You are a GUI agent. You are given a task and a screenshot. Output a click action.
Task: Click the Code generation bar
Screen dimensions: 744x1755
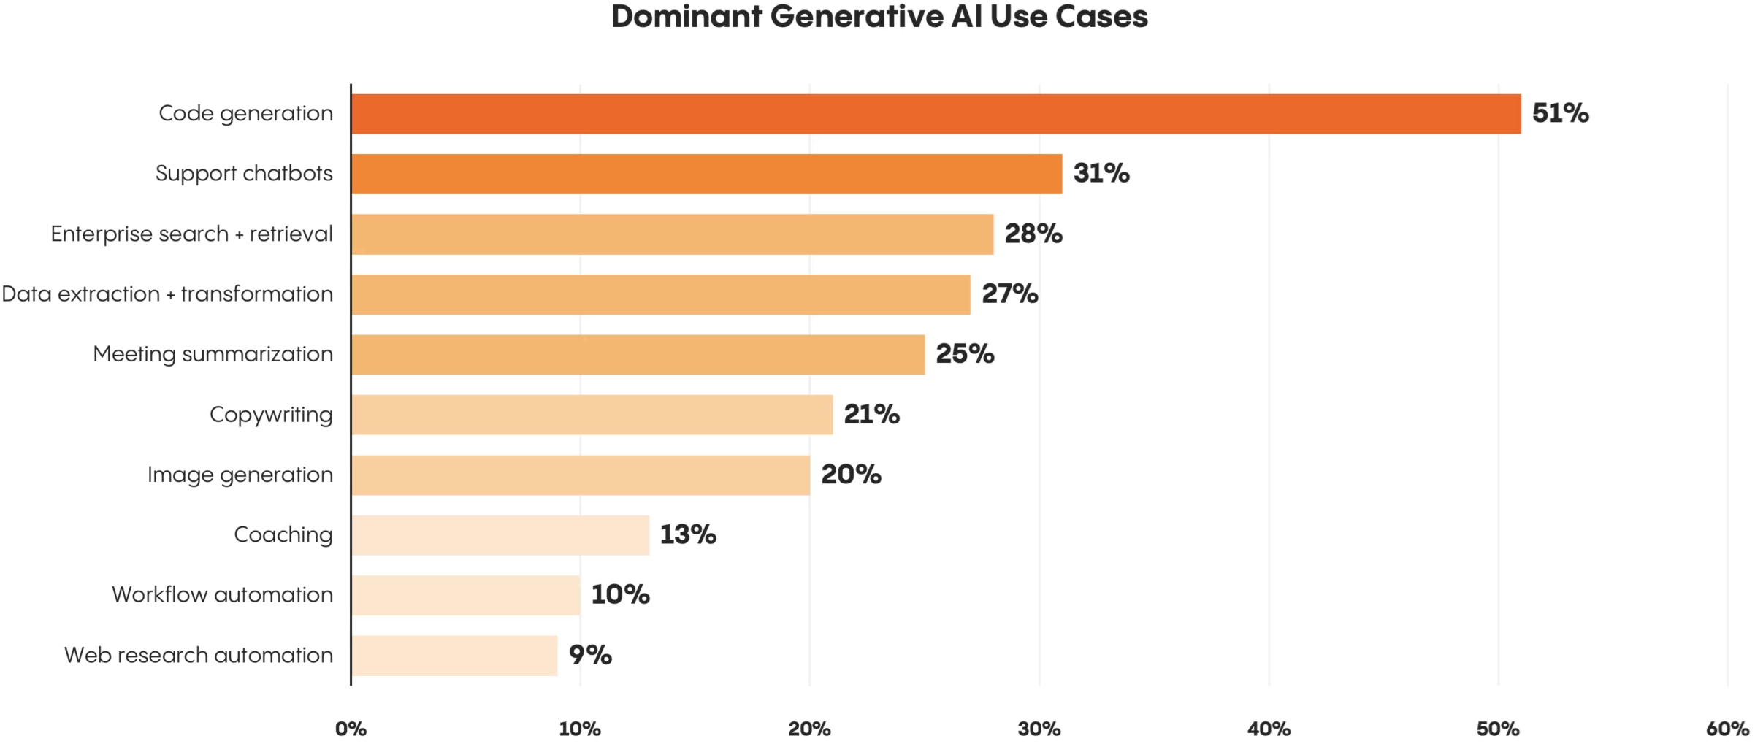tap(936, 114)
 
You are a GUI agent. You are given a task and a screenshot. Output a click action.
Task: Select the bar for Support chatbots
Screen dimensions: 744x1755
tap(706, 174)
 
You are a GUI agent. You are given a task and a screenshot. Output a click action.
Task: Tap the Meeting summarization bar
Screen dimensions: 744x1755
tap(638, 355)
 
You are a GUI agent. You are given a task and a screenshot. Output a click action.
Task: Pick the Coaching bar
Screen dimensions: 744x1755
tap(500, 535)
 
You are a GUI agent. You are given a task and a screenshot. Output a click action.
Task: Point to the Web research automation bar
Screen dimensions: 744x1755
tap(454, 656)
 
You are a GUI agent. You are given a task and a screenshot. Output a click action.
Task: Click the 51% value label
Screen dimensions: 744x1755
tap(1560, 113)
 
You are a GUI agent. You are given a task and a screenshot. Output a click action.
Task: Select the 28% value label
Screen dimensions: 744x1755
tap(1033, 234)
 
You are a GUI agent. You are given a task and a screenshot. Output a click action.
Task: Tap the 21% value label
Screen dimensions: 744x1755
tap(871, 415)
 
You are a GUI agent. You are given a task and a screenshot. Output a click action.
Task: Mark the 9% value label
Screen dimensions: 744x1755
tap(590, 655)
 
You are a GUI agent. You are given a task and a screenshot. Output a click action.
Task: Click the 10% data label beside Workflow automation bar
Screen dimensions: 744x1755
tap(620, 594)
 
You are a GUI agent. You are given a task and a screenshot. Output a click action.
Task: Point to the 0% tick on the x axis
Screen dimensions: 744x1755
tap(351, 729)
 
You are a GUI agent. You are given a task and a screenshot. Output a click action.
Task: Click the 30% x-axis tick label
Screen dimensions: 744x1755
tap(1039, 729)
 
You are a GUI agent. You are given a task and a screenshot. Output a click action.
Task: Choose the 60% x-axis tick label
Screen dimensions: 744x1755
tap(1727, 729)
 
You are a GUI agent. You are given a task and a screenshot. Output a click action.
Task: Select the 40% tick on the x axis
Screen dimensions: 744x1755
tap(1269, 729)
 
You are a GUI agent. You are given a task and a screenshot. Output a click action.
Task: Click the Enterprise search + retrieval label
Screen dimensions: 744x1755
tap(191, 234)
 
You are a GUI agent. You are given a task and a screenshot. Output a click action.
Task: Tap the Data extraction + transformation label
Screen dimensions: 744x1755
tap(167, 294)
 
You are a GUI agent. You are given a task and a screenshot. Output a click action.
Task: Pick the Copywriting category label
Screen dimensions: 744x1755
tap(271, 415)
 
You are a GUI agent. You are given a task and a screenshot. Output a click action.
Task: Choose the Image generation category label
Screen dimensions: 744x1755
tap(240, 475)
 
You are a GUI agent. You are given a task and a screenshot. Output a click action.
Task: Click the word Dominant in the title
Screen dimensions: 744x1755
tap(687, 17)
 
